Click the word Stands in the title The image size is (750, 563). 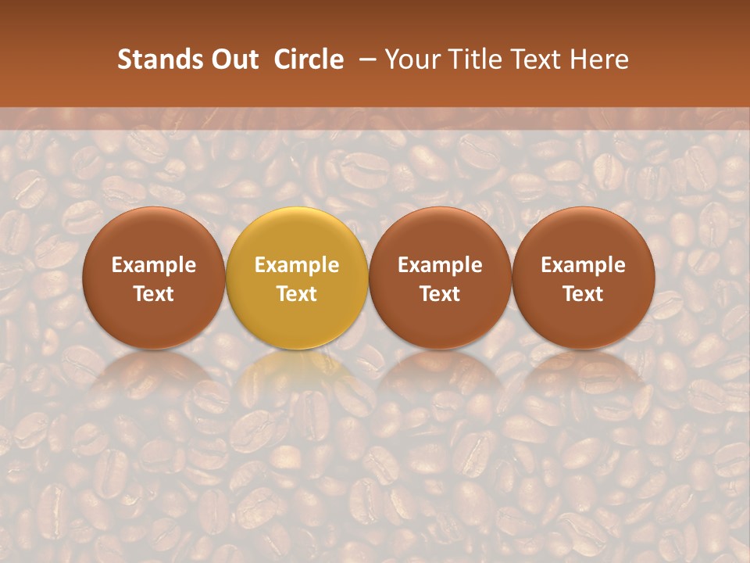click(156, 59)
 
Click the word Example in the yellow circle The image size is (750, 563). click(297, 266)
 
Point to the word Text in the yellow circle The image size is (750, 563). click(297, 294)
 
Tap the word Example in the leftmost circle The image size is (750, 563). click(154, 266)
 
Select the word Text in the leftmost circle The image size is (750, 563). click(154, 294)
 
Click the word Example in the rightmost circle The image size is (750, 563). click(583, 266)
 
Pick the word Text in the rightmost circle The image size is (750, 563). click(583, 294)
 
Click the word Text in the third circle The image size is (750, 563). click(440, 294)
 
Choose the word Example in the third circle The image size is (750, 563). click(440, 266)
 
